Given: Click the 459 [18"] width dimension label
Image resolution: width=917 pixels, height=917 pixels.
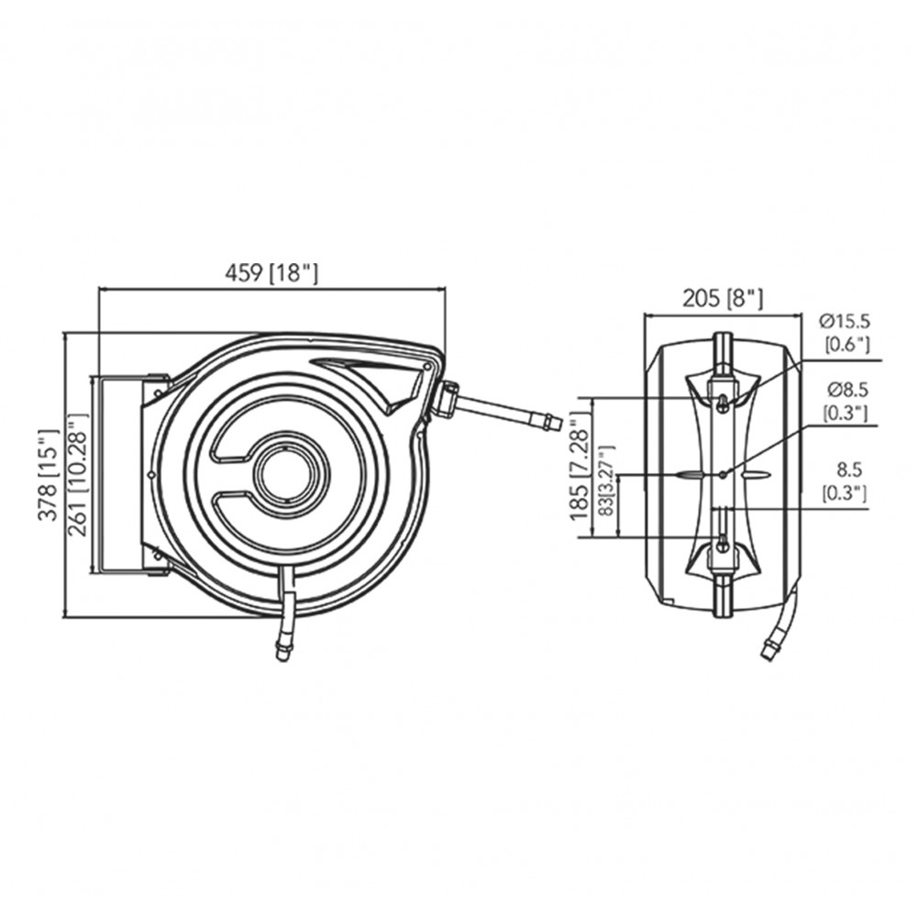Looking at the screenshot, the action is pos(271,273).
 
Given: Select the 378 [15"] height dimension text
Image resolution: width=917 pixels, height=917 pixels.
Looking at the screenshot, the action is pos(49,475).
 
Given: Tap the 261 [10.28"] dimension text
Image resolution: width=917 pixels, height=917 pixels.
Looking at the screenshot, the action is pos(77,474).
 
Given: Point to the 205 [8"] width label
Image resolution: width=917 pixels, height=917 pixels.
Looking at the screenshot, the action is pos(723,299).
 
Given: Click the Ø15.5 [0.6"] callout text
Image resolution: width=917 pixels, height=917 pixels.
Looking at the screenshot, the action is pos(845,332).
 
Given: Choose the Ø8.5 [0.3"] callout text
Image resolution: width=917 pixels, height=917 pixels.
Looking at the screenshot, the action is pos(845,402).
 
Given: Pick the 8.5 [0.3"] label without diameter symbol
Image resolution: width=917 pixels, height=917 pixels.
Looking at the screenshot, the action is pos(845,481).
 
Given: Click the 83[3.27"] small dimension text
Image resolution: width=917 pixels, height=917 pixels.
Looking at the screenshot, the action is pos(607,481).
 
